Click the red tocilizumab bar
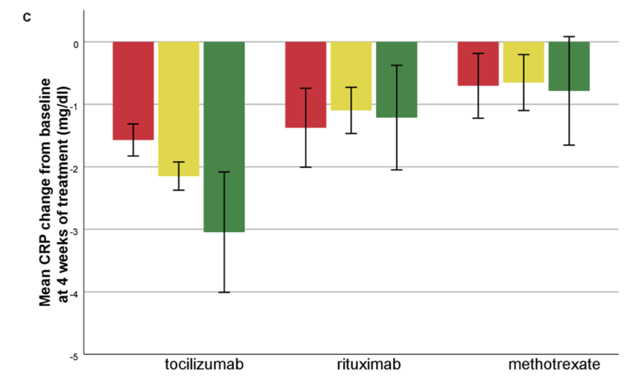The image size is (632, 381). (x=133, y=91)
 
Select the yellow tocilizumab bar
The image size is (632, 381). (x=179, y=109)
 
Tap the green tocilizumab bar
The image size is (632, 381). (x=224, y=136)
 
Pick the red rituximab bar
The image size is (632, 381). (x=306, y=85)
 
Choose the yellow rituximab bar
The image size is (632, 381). (x=351, y=76)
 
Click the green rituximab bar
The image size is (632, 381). (x=397, y=80)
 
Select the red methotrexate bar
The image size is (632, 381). (x=478, y=64)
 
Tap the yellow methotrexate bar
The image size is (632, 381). (x=524, y=62)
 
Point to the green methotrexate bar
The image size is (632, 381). (x=569, y=66)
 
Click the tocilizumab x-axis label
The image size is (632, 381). (x=205, y=364)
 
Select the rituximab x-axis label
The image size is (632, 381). (x=369, y=364)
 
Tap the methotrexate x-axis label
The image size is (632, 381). (x=555, y=364)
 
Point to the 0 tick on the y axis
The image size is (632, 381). (x=76, y=45)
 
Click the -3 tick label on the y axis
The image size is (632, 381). (x=75, y=232)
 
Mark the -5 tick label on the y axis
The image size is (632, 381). (x=75, y=357)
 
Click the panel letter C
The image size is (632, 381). (x=27, y=17)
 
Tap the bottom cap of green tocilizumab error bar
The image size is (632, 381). (x=224, y=292)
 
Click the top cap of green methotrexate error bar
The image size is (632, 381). (x=569, y=36)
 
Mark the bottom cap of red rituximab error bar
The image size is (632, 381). (x=306, y=167)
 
